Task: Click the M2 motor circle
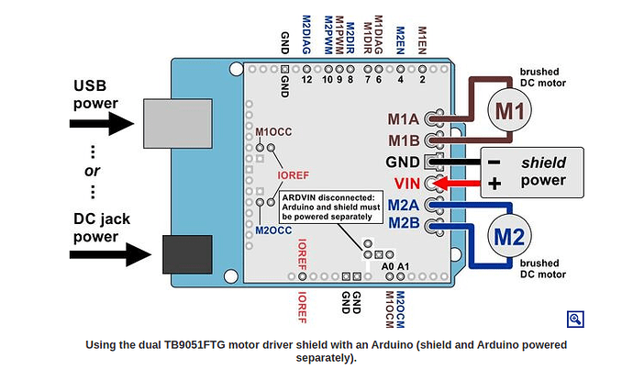[x=509, y=238]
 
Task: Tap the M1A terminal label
[x=403, y=120]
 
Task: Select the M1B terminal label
[x=403, y=140]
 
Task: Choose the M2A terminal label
[x=403, y=204]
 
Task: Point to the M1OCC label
[x=272, y=132]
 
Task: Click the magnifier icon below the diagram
[x=575, y=319]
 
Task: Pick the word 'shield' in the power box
[x=543, y=162]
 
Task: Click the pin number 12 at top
[x=306, y=79]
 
